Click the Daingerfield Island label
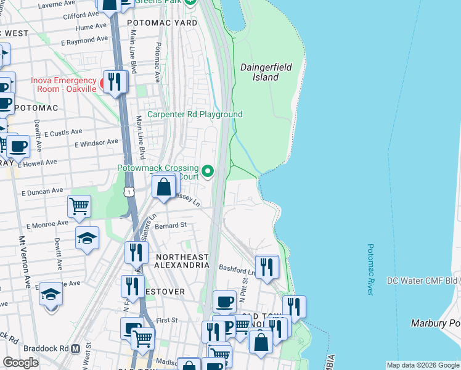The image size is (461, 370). click(x=266, y=72)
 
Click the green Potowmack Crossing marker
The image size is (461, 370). click(x=208, y=171)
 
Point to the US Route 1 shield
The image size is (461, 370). click(x=129, y=192)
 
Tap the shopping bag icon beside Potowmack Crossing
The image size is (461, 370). click(x=164, y=186)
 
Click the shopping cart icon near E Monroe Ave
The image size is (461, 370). click(x=79, y=207)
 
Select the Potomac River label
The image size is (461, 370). click(x=370, y=269)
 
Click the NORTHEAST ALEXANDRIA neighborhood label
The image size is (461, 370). click(x=182, y=261)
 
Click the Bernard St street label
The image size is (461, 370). click(x=170, y=226)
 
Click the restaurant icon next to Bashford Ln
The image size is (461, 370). click(x=267, y=266)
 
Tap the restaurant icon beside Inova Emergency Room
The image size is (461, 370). click(x=115, y=81)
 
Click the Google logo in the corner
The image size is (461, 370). click(x=20, y=363)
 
